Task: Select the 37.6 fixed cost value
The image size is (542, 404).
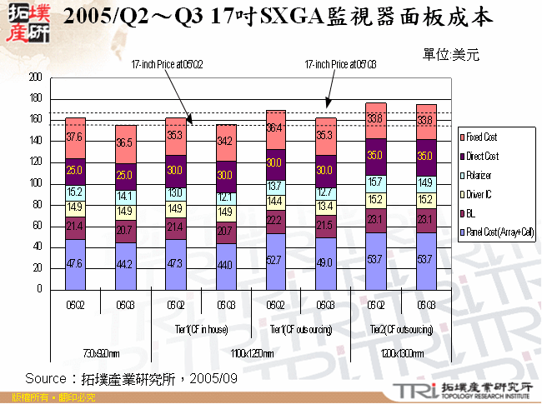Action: pos(75,137)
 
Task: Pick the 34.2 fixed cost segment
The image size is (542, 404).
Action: pos(225,142)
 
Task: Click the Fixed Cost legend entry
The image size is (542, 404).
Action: pos(484,136)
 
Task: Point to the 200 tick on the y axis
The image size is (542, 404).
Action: pos(35,77)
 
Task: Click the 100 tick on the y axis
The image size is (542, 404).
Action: pos(35,184)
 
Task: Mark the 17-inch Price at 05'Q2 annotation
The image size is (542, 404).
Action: pos(167,63)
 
